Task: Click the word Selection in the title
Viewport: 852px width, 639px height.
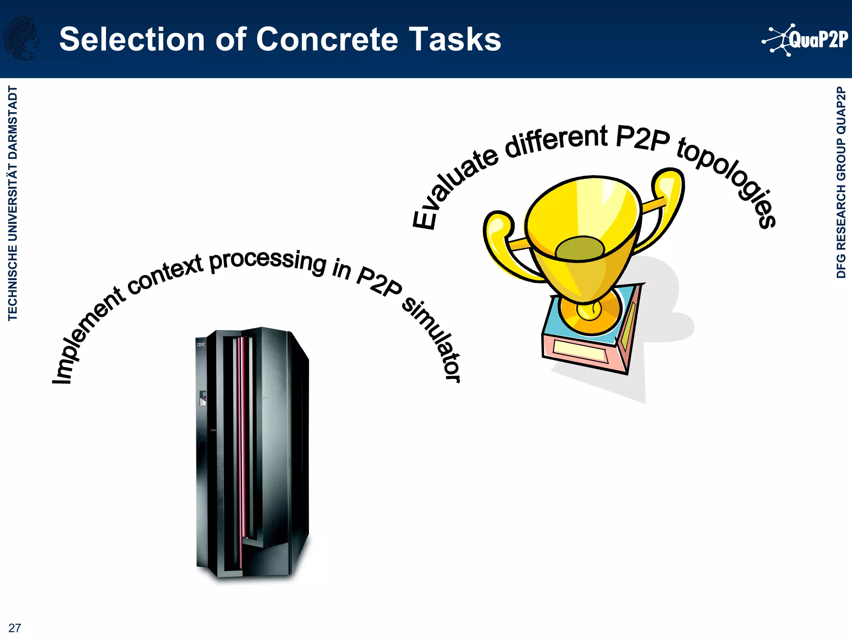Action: coord(132,40)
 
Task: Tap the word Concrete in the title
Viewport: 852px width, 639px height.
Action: coord(327,40)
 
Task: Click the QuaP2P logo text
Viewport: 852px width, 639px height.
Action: coord(818,40)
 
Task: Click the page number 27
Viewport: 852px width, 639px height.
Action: coord(15,628)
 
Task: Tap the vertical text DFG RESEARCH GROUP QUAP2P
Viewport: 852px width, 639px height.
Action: coord(841,182)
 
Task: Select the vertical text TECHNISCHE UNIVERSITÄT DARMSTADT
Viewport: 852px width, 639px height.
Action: coord(13,203)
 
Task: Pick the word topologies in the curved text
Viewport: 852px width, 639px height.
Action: coord(732,179)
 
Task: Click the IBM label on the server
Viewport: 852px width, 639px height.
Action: coord(201,344)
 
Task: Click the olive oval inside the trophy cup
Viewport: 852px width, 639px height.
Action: coord(580,248)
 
